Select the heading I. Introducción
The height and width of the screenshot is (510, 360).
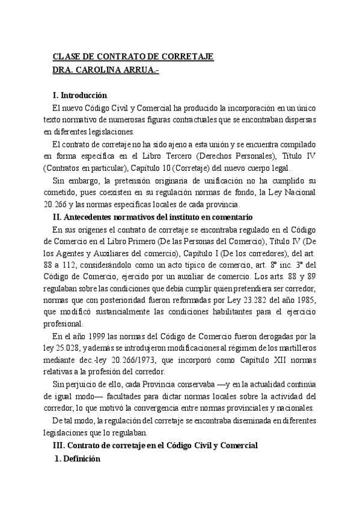pyautogui.click(x=80, y=95)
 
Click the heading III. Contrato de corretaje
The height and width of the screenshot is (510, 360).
pyautogui.click(x=155, y=446)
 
